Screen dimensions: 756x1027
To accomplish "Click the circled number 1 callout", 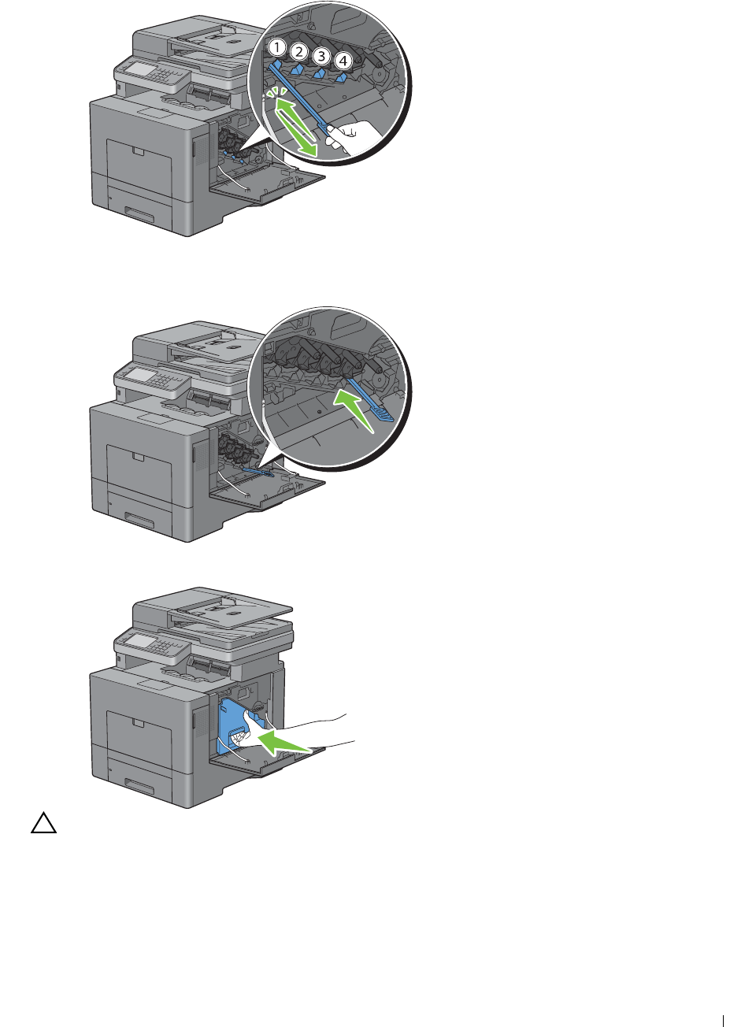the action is [x=277, y=46].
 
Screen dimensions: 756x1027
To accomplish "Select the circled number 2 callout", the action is [x=299, y=51].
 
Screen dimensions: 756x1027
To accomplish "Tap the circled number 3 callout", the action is [x=321, y=56].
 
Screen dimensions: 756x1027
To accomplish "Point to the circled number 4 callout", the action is [x=343, y=60].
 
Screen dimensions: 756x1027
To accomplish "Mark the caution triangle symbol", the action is [x=43, y=824].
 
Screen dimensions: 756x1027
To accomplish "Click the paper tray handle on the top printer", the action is [x=139, y=213].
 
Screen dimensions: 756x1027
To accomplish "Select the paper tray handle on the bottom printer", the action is [x=139, y=785].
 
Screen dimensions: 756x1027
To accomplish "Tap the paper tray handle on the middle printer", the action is [x=139, y=520].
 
